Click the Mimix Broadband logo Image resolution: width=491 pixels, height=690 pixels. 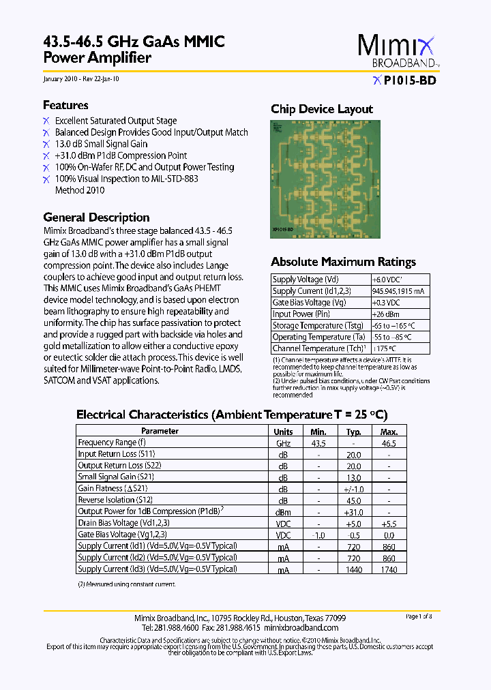397,50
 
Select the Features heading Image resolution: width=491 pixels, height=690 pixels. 65,105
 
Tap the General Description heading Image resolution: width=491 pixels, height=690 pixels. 96,217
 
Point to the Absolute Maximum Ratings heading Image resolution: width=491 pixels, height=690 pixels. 343,262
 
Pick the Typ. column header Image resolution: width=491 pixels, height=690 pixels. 353,432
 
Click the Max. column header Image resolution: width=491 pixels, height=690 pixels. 389,432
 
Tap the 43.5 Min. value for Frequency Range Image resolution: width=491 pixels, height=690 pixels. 318,443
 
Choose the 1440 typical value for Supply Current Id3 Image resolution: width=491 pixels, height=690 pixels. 353,569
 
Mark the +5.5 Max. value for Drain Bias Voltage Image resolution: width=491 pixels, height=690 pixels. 389,523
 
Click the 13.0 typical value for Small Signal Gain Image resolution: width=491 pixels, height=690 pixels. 353,477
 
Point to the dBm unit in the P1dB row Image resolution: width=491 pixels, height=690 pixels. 283,511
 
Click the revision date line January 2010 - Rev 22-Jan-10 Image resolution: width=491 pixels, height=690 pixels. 81,79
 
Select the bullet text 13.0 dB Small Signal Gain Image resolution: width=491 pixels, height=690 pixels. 101,144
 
